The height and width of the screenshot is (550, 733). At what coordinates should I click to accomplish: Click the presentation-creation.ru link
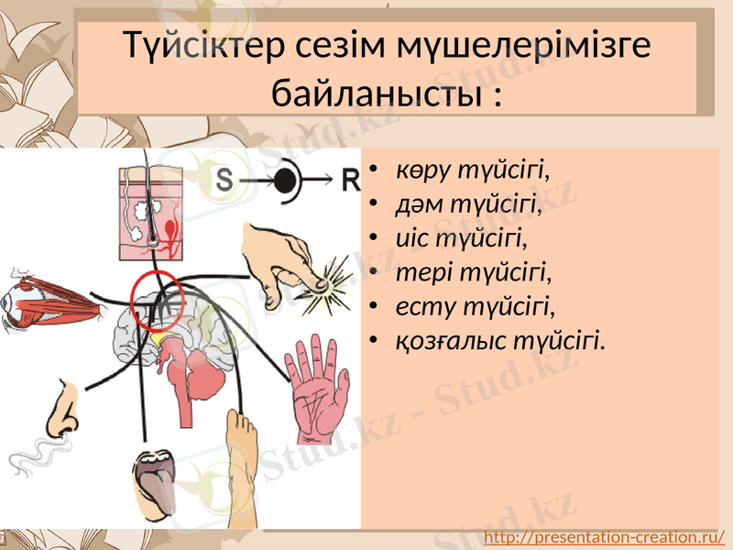[x=604, y=536]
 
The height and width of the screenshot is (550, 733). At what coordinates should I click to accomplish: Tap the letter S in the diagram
[x=224, y=181]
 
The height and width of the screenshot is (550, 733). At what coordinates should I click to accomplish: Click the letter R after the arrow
[x=350, y=181]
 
